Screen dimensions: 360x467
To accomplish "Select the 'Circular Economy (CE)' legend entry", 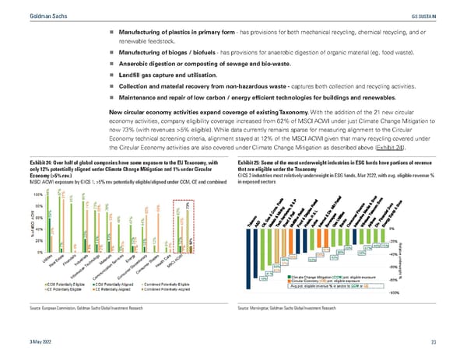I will [321, 281].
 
